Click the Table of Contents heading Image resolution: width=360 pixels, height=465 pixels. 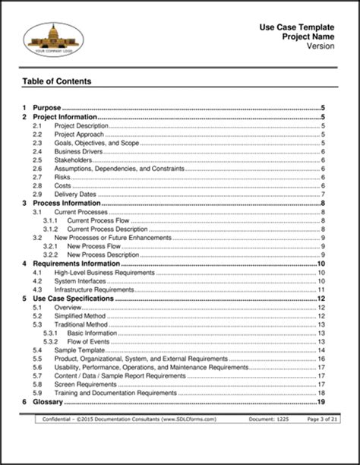57,81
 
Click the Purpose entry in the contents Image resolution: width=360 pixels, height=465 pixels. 46,109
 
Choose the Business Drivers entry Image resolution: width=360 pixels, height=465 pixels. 79,151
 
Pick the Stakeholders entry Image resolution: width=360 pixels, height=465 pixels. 74,161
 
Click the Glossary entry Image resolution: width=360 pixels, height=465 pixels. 47,401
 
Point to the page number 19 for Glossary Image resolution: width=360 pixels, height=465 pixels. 322,401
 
